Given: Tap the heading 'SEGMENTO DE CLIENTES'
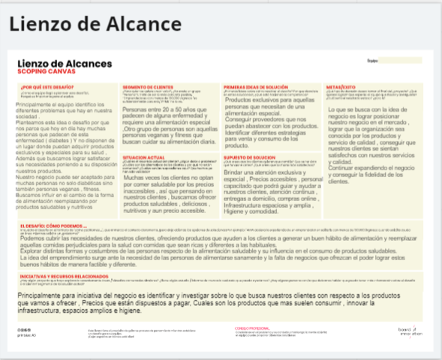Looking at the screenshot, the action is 148,88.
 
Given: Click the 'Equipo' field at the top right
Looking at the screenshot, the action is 394,60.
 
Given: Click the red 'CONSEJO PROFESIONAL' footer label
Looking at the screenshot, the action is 253,327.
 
